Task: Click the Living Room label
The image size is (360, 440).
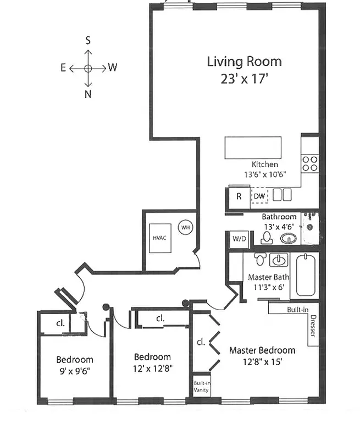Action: tap(244, 61)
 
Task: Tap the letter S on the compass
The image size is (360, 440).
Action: tap(88, 40)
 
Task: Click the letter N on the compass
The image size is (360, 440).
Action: tap(88, 94)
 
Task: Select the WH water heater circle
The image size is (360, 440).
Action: tap(185, 226)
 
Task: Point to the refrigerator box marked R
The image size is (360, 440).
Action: tap(239, 196)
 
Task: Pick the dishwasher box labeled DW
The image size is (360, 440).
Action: tap(259, 196)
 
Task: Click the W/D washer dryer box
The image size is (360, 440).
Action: tap(239, 239)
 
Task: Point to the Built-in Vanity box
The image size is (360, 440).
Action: tap(200, 387)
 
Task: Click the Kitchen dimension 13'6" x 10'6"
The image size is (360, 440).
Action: tap(264, 174)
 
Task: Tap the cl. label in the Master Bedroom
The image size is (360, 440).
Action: tap(201, 342)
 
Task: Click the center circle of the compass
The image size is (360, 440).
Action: tap(88, 68)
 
